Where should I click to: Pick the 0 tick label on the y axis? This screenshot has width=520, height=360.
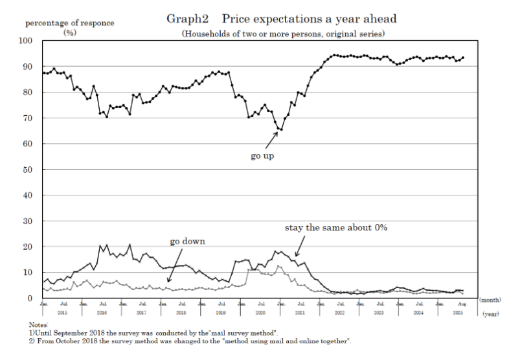(32, 298)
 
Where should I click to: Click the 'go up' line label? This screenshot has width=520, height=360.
(262, 156)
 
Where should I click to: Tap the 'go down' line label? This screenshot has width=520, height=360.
(187, 241)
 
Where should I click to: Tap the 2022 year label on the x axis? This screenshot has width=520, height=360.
(339, 312)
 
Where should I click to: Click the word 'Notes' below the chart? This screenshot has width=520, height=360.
(39, 324)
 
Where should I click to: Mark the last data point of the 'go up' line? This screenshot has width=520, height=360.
(462, 58)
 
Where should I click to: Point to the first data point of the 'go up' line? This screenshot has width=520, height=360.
(43, 73)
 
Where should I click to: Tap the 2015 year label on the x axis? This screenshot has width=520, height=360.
(61, 312)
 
